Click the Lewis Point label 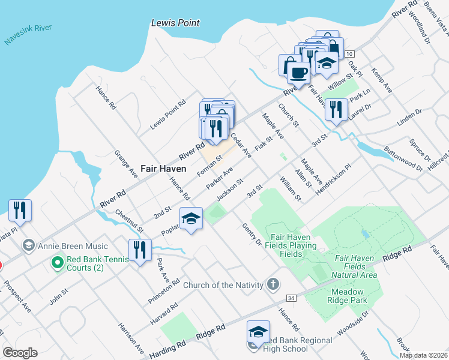[175, 23]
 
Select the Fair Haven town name [164, 169]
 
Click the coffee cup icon [298, 73]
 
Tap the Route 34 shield [291, 298]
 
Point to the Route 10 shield [349, 55]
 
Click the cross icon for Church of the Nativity [273, 284]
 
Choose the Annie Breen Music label [73, 246]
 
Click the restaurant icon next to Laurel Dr [336, 110]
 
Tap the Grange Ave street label [126, 163]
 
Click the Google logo [20, 352]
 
